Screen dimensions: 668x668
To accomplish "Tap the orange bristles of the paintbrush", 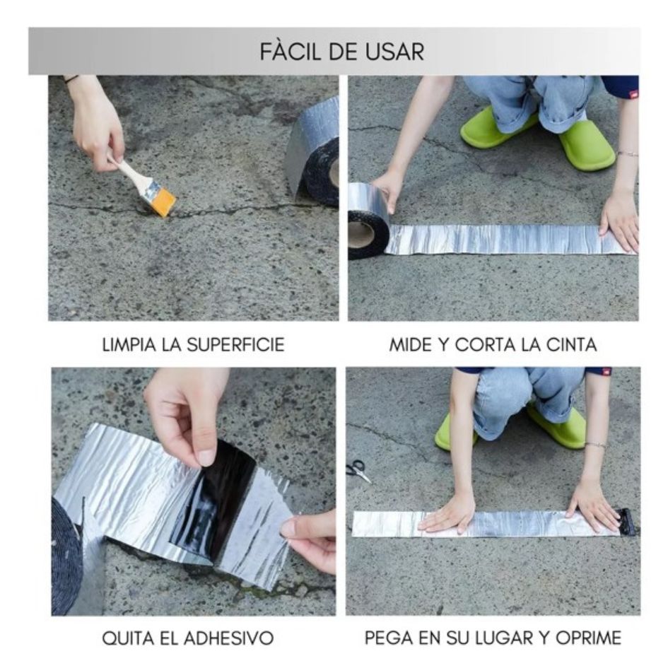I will (163, 201).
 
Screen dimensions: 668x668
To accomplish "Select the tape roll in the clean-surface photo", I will (315, 152).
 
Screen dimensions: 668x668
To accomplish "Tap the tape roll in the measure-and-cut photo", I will (368, 221).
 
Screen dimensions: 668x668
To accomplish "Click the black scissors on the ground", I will (358, 471).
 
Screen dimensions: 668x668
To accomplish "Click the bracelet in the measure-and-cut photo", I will (627, 153).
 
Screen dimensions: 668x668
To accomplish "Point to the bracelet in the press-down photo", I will (595, 445).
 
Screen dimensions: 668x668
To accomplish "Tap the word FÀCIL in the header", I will (290, 52).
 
